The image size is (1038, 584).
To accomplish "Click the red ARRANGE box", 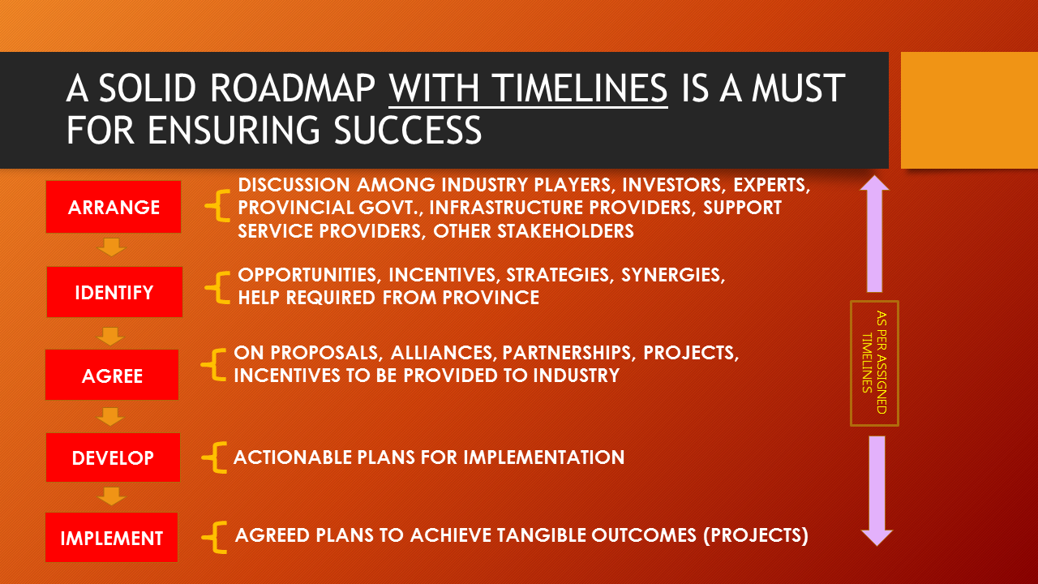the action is coord(114,207).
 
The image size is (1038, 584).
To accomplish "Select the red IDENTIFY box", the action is coord(114,292).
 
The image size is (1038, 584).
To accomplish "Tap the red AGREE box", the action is coord(112,375).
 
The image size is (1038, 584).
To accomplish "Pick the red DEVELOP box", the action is coord(113,457).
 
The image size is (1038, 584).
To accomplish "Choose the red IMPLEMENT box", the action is coord(112,537).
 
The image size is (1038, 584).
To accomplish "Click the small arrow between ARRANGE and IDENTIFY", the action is coord(112,247).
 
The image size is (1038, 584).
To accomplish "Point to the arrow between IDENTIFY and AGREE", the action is coord(110,337).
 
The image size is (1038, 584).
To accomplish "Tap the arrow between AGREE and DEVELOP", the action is coord(110,417).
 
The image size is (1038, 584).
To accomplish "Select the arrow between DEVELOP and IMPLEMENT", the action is coord(112,496).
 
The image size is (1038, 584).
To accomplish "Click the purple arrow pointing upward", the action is coord(874,234).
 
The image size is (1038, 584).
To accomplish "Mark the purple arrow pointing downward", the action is coord(877,491).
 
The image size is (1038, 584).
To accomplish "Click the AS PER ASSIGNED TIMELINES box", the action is coord(875,363).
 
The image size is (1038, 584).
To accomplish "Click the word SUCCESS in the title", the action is coord(408,130).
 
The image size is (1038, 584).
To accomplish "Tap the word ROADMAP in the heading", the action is coord(293,88).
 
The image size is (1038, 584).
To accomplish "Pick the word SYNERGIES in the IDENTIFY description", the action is coord(673,275).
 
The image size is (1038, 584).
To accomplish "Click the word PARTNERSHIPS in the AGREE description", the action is coord(567,353).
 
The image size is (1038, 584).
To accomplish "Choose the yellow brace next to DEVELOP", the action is coord(214,457).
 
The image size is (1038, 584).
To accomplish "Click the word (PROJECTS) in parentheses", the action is coord(756,535).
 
